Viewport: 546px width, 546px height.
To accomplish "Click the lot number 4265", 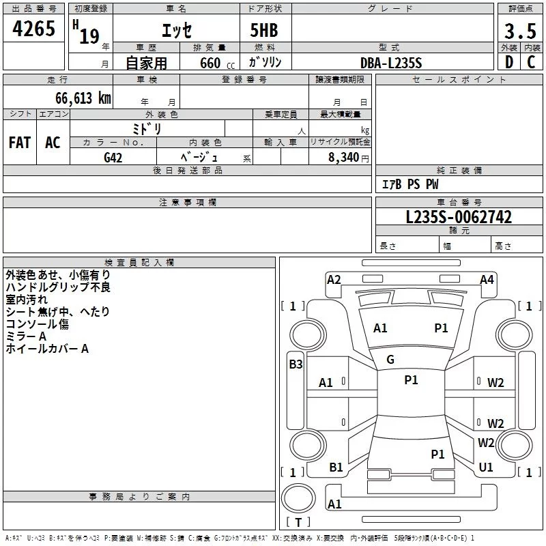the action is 33,29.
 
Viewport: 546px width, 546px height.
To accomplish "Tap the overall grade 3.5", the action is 520,31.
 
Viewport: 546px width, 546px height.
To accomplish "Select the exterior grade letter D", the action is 509,62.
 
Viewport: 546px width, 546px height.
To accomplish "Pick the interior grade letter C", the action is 531,62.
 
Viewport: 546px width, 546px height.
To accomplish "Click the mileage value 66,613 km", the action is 83,98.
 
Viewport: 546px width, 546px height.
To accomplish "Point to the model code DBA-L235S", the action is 391,63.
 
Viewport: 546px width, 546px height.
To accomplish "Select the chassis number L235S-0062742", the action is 459,217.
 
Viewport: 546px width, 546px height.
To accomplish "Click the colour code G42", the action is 113,158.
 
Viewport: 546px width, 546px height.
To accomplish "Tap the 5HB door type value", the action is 264,30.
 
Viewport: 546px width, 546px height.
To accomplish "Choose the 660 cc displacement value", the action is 217,63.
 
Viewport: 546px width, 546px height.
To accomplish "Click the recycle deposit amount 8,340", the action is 344,158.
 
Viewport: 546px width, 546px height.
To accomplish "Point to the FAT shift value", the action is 20,143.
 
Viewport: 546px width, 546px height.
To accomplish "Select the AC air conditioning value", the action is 53,143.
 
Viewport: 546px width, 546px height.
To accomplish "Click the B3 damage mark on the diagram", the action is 296,364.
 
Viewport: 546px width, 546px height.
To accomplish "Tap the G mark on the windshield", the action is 390,360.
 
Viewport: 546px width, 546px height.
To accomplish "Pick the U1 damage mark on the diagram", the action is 486,468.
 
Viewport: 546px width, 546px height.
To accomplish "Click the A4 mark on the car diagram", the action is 487,280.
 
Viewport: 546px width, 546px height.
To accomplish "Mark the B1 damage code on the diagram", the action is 336,468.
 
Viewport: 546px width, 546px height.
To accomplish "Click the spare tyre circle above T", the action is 298,498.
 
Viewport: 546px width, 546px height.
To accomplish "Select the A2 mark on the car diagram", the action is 334,280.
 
